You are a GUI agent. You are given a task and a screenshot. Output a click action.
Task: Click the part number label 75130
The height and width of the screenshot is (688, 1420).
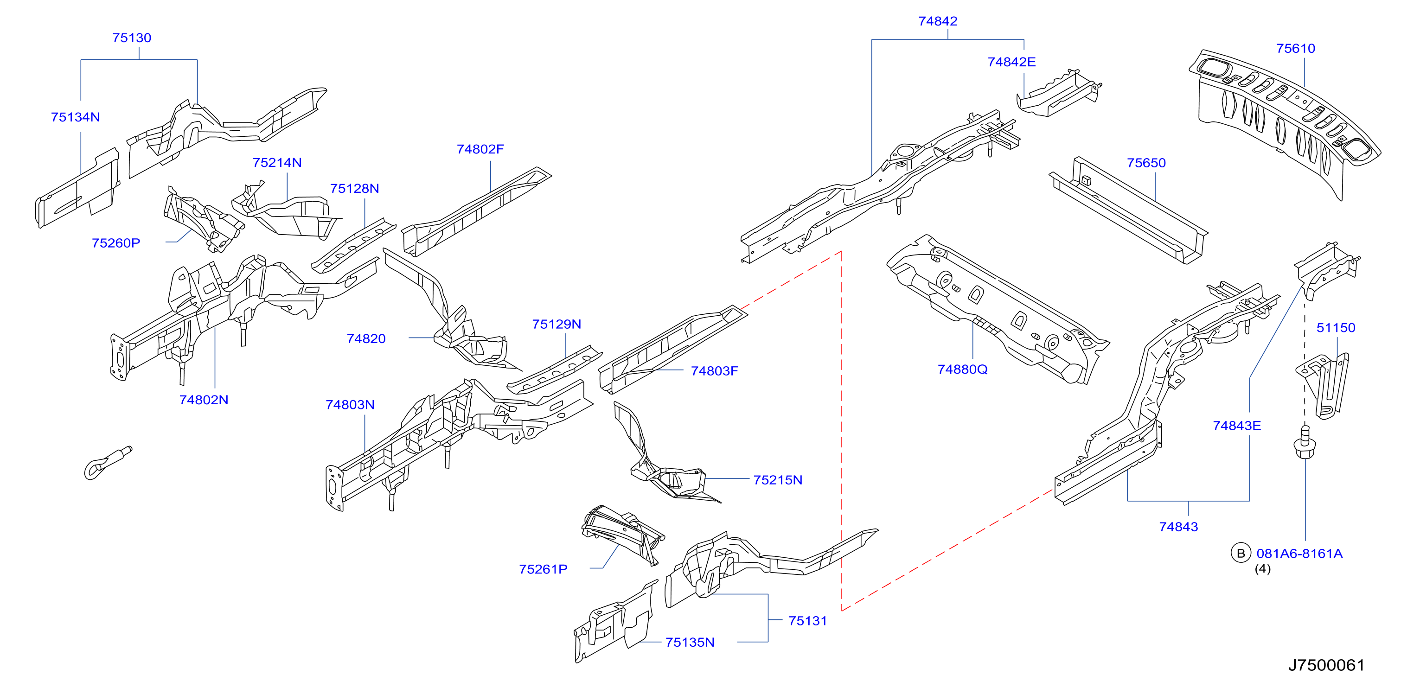[132, 38]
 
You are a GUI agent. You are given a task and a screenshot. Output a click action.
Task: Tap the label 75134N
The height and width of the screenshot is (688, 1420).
[76, 117]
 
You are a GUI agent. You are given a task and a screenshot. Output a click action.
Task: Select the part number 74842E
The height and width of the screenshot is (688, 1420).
[1011, 62]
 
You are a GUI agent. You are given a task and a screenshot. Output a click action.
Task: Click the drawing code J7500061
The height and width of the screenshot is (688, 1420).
[1326, 665]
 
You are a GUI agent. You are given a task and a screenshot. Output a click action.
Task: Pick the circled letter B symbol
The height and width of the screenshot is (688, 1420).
[1241, 553]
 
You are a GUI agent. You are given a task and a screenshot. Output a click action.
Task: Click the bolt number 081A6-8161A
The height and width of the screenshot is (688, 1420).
[1299, 554]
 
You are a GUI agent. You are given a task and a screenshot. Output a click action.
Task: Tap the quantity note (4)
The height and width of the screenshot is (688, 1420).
[1263, 568]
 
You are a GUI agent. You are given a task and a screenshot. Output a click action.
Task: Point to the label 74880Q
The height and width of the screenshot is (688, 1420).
[962, 369]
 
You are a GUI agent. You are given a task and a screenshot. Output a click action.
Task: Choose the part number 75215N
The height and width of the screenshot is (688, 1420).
[778, 480]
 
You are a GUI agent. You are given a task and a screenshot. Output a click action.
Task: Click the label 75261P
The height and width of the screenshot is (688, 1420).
[543, 569]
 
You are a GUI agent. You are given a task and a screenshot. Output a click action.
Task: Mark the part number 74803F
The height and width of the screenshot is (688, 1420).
[715, 371]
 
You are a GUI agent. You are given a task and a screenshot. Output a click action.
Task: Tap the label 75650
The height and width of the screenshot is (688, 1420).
[1146, 163]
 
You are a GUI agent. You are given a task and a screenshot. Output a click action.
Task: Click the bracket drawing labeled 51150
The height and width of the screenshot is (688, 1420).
[1323, 386]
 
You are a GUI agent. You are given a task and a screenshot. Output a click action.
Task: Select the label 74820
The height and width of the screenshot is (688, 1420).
[366, 338]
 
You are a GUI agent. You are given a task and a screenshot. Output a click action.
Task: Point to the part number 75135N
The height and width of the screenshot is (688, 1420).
[690, 642]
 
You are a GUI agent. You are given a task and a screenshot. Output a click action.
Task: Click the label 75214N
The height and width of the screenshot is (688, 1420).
[277, 163]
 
